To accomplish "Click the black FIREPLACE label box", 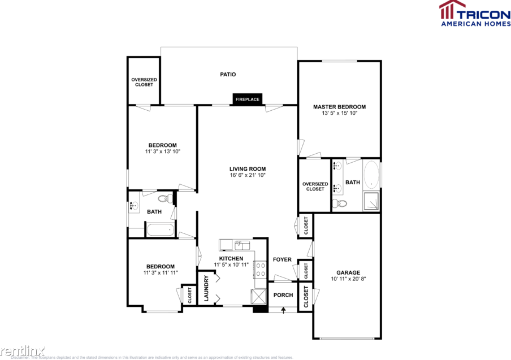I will coord(248,99).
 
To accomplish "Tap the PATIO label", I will coord(228,74).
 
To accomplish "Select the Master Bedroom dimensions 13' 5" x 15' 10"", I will coord(339,113).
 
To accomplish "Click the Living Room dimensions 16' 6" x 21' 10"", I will coord(247,175).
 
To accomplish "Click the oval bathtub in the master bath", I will coord(371,175).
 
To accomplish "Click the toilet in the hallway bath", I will coord(164,198).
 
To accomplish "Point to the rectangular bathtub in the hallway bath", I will coord(161,230).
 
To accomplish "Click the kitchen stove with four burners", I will coord(261,269).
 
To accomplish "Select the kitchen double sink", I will coord(242,244).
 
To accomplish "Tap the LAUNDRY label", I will coord(206,289).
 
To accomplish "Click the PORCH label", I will coord(283,295).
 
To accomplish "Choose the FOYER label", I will coord(282,260).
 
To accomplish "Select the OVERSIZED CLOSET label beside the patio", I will coord(144,82).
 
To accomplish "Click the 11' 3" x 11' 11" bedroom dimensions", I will coord(161,273).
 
